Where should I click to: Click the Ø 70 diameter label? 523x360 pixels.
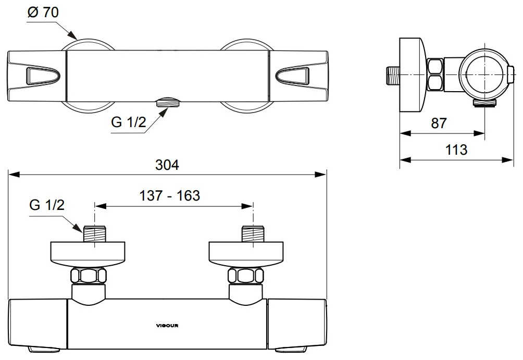pos(43,13)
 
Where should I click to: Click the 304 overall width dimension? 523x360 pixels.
pos(167,165)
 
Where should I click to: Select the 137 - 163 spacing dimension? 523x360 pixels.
pos(169,195)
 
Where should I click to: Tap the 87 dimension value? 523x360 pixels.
pos(439,123)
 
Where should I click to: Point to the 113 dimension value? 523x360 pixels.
pos(456,150)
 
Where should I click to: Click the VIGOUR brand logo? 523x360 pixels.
pos(167,326)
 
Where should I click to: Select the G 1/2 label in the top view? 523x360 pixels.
pos(129,122)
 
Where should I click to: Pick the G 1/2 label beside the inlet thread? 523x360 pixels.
pos(47,205)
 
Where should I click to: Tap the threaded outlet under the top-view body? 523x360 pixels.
pos(168,102)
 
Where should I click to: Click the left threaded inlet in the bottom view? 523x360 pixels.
pos(95,234)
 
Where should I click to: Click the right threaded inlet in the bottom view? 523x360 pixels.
pos(253,234)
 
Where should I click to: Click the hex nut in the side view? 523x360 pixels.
pos(435,75)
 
